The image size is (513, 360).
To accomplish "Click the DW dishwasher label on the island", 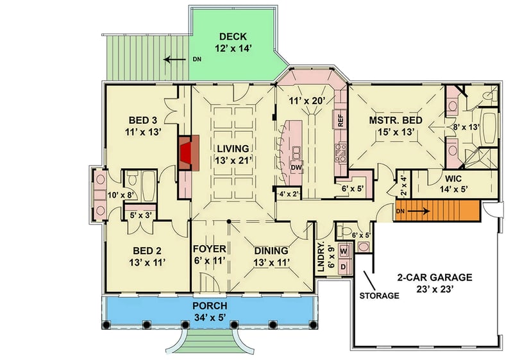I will coord(296,168).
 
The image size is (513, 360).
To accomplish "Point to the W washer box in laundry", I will coord(343,251).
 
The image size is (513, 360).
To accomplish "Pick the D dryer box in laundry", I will coord(343,265).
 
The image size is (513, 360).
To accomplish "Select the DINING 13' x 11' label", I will coord(270,256).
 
